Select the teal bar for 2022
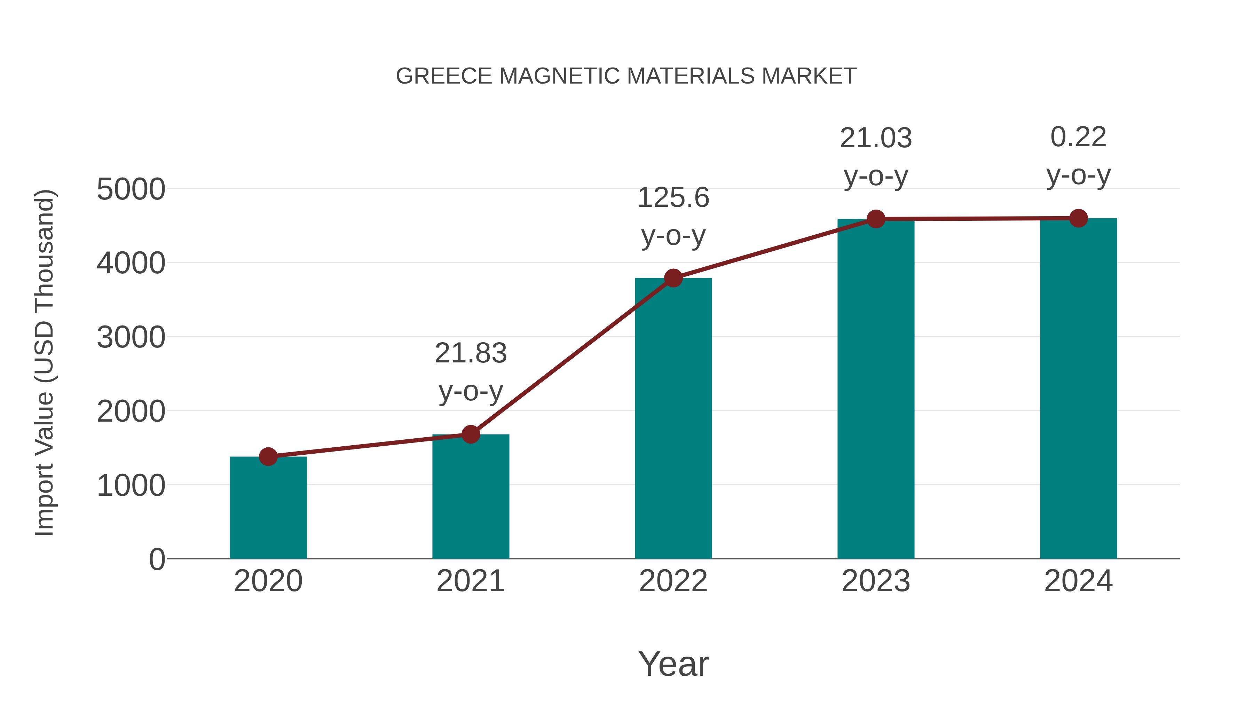[x=673, y=418]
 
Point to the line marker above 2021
[x=470, y=434]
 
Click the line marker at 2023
[x=876, y=219]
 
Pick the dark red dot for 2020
[x=268, y=456]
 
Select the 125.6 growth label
[x=673, y=198]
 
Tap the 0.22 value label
[x=1078, y=137]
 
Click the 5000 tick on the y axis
[x=131, y=189]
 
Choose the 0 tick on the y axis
[x=157, y=559]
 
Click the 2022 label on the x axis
[x=673, y=581]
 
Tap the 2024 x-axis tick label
[x=1078, y=581]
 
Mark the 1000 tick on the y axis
[x=131, y=486]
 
